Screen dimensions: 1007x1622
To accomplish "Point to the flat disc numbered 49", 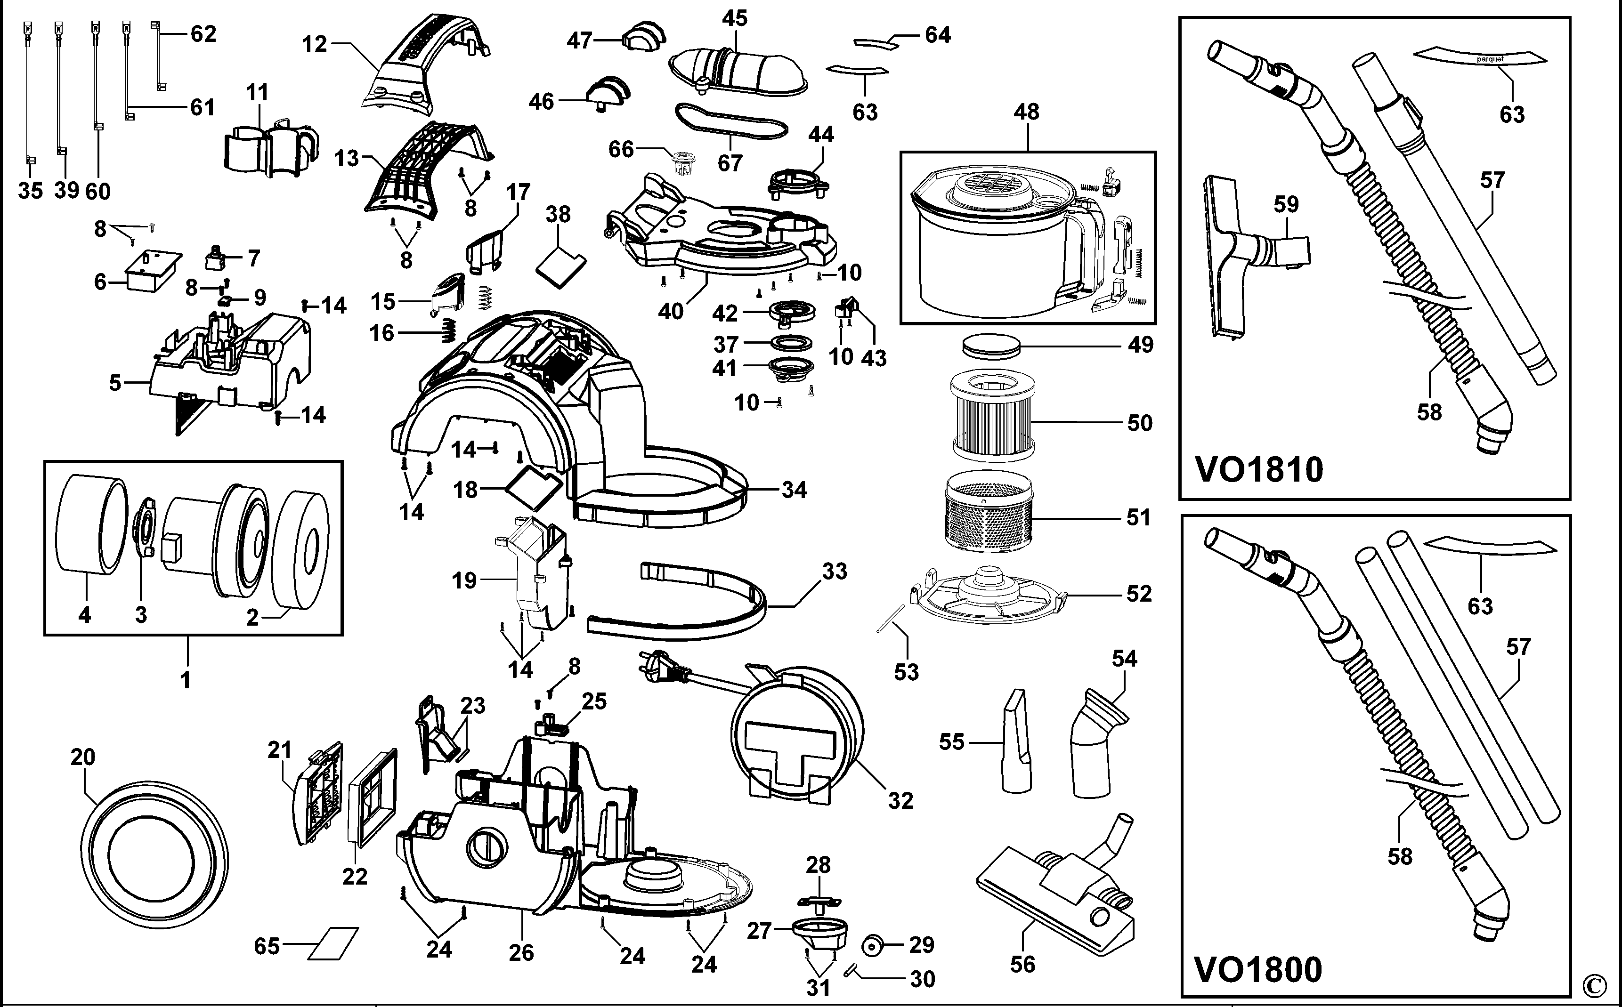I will tap(992, 346).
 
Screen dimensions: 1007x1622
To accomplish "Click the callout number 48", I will tap(1027, 112).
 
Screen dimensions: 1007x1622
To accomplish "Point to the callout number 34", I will tap(794, 490).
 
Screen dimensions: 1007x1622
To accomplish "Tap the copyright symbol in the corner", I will tap(1606, 984).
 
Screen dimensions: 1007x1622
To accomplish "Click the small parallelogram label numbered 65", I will tap(333, 944).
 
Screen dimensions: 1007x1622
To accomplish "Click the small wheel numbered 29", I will tap(872, 944).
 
